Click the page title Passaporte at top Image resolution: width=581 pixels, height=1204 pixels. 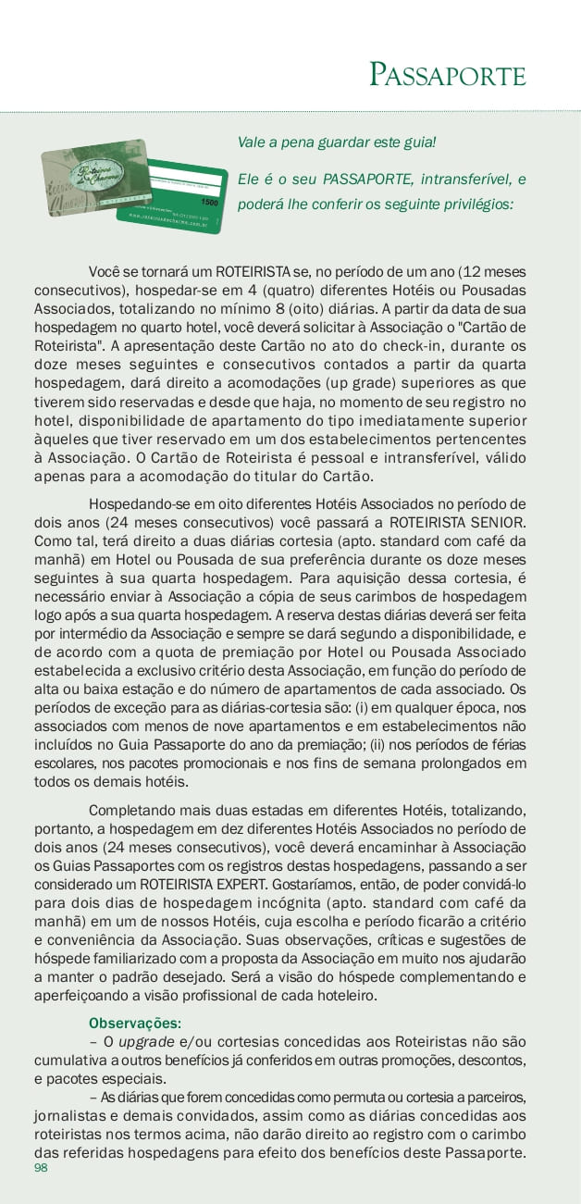[x=448, y=74]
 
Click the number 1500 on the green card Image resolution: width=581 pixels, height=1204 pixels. [x=209, y=201]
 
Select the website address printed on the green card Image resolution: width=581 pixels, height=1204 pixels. [x=167, y=223]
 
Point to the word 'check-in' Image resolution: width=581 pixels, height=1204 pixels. [x=383, y=346]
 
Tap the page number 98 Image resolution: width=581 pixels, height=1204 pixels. [x=41, y=1168]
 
